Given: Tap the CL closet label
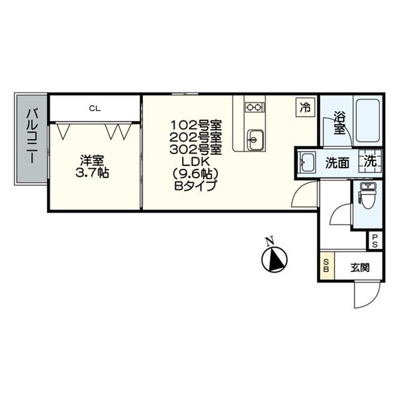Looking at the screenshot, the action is [x=95, y=109].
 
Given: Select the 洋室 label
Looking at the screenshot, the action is [x=92, y=161].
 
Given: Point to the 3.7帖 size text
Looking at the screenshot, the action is [x=92, y=173].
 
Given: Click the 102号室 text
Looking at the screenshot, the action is [x=196, y=125].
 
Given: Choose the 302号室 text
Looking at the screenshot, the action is [x=196, y=150].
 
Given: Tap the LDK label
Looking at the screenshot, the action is [x=195, y=162].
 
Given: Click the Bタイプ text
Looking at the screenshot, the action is [x=195, y=185].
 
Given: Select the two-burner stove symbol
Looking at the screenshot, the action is [x=255, y=107].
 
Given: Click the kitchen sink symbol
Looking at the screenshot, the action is [x=255, y=140].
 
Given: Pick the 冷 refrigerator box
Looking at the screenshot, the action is [x=305, y=107].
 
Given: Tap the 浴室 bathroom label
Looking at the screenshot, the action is [x=339, y=123].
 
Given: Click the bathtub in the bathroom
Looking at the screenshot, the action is [x=368, y=120].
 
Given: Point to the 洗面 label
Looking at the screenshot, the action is [x=337, y=163].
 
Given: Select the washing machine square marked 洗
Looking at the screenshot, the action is [x=370, y=161].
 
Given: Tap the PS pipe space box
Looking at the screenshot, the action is [x=375, y=240].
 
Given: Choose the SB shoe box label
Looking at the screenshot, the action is [x=326, y=265].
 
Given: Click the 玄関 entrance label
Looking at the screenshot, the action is [x=360, y=267].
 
